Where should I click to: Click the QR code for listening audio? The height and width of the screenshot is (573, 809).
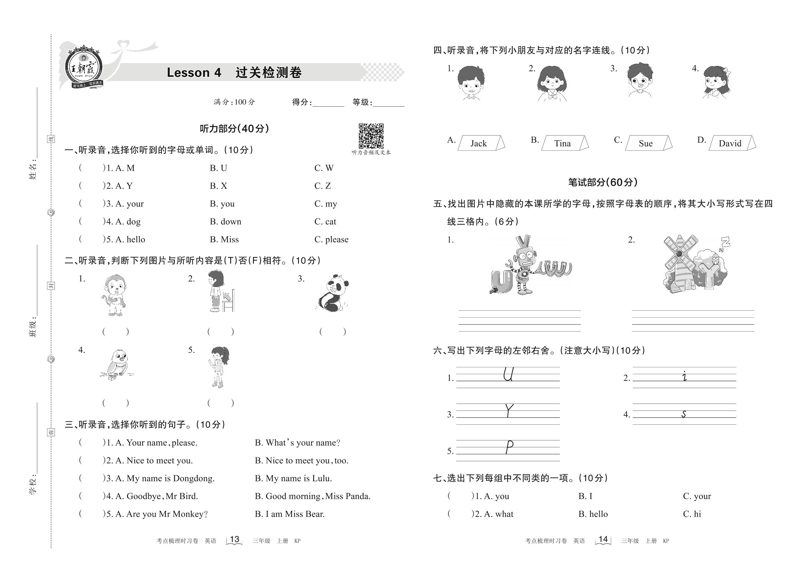(371, 136)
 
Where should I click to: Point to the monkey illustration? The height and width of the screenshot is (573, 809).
(114, 295)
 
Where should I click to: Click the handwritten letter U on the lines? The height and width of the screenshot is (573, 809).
(508, 374)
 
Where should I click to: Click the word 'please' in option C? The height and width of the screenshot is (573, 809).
(336, 240)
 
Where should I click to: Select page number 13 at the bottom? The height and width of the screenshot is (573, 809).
(235, 539)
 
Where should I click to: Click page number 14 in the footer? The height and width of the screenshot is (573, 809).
(603, 539)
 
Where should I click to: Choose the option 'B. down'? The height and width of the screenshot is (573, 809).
(225, 222)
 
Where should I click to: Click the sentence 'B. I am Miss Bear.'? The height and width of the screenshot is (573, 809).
(289, 514)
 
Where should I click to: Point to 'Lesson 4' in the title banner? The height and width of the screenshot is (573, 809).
(194, 73)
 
